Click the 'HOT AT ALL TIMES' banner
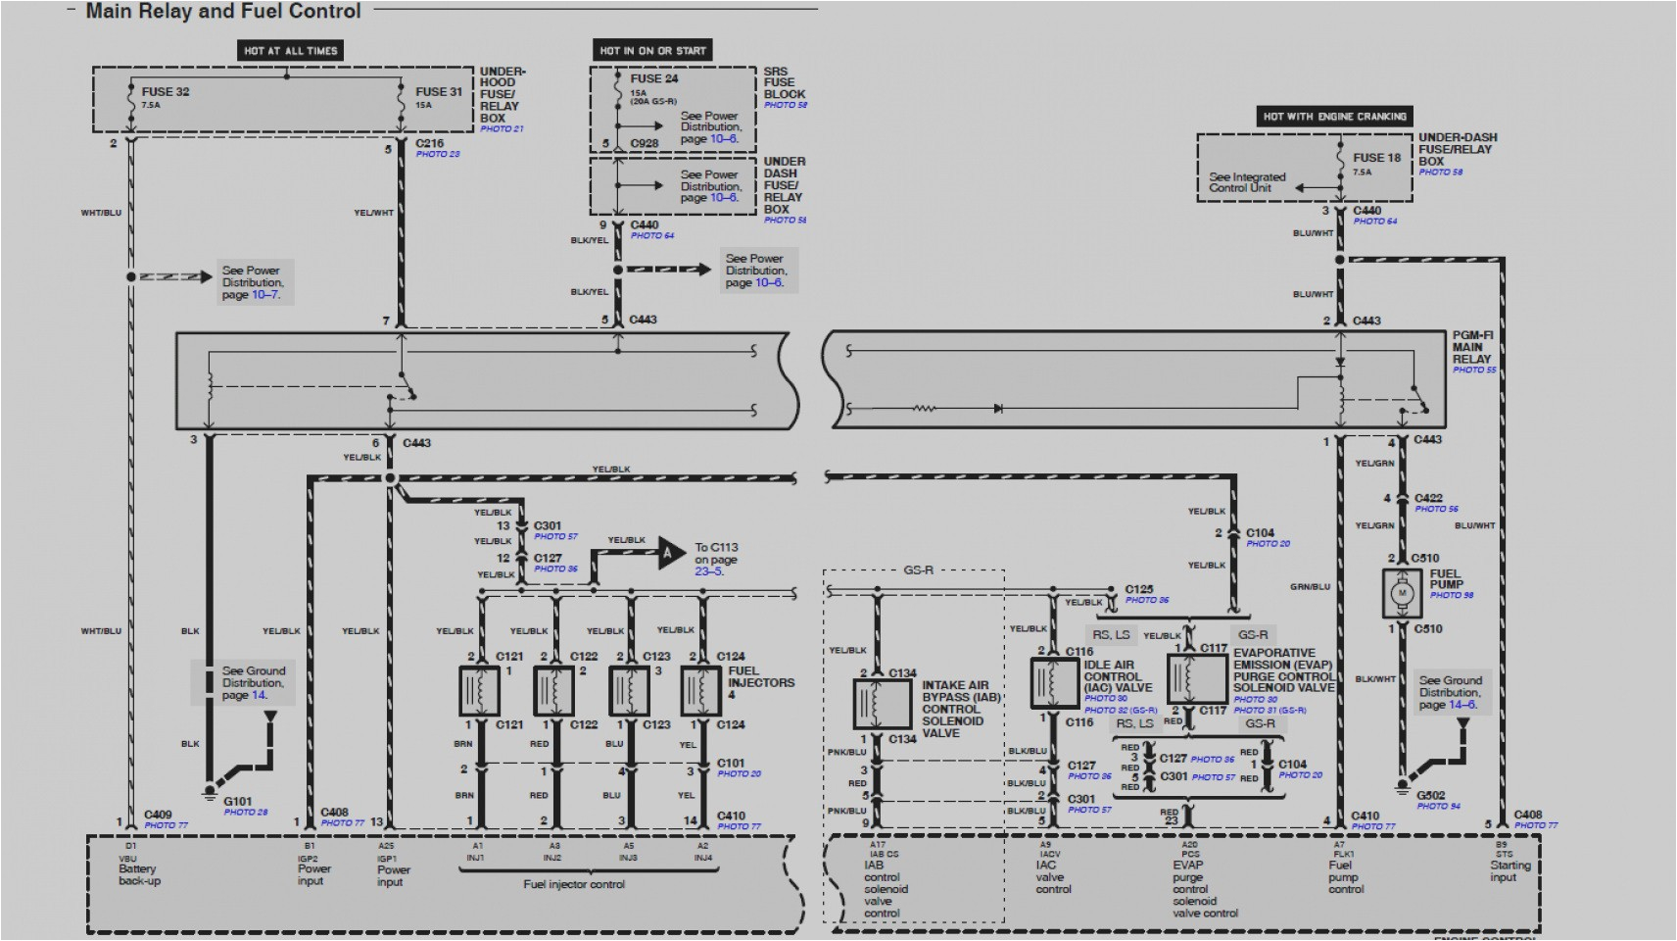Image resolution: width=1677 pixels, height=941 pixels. [x=290, y=50]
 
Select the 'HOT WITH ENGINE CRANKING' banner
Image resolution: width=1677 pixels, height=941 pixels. [x=1334, y=116]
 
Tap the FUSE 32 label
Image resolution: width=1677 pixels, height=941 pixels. [x=166, y=91]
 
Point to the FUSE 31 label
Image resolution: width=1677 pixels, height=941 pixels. [x=438, y=91]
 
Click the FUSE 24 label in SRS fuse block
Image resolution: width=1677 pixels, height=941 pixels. [x=653, y=78]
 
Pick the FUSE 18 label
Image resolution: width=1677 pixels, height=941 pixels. [x=1376, y=157]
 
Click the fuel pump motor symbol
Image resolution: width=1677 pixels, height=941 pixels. [x=1402, y=594]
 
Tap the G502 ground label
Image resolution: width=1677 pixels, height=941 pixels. [x=1430, y=796]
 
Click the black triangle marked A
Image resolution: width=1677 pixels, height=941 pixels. [x=670, y=553]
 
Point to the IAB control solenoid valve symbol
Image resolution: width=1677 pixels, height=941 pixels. [x=883, y=705]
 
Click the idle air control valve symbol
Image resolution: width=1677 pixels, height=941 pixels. [x=1054, y=682]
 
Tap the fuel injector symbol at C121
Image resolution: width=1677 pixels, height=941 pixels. [x=479, y=690]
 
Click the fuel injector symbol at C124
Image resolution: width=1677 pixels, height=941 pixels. [x=700, y=690]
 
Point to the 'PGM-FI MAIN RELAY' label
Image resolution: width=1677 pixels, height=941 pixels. [x=1472, y=347]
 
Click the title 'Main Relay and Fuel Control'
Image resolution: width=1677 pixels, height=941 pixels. [x=223, y=12]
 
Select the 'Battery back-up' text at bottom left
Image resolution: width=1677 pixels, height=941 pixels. [x=139, y=874]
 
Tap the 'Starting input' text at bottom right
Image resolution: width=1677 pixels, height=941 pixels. [x=1509, y=870]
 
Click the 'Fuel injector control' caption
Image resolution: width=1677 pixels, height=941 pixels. [x=574, y=884]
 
